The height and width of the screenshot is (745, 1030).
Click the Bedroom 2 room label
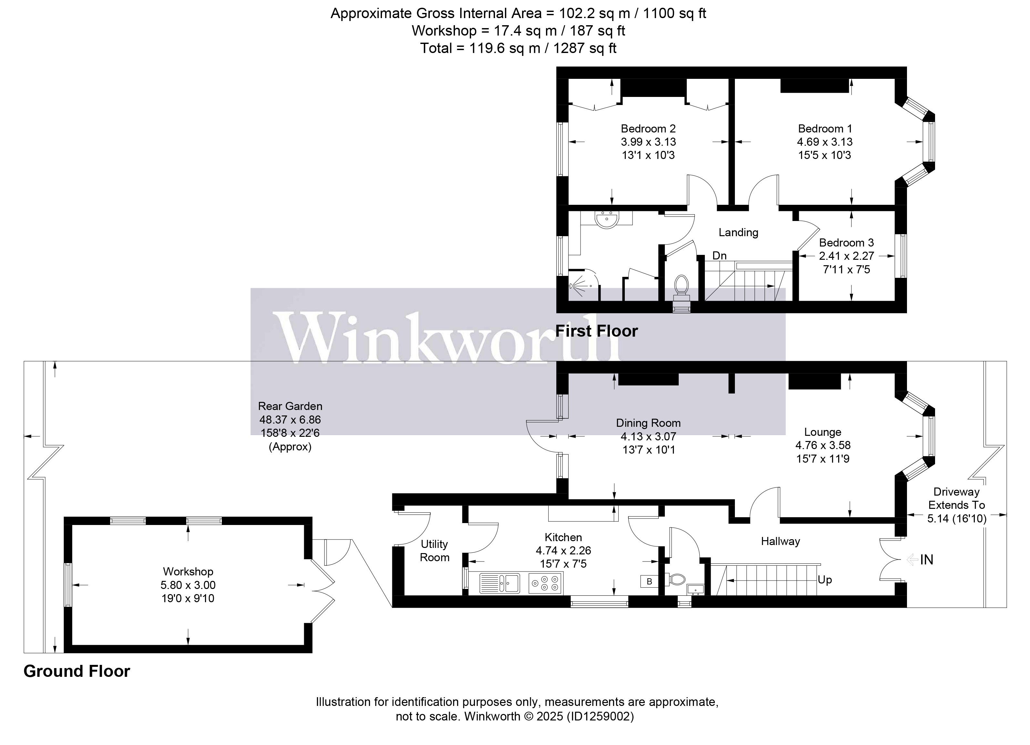648,129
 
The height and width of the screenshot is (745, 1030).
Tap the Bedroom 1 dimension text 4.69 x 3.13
824,142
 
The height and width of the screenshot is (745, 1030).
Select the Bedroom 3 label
846,243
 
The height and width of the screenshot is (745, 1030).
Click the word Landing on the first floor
738,233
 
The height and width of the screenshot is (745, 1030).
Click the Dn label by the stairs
719,256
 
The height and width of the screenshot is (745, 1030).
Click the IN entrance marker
926,560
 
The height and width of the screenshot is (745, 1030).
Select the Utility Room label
434,551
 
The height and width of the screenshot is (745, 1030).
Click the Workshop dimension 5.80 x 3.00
188,585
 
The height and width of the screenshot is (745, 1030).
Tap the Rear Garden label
290,406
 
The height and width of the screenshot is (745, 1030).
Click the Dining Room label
648,423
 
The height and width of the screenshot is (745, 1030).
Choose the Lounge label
822,432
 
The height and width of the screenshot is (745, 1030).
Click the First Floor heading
596,331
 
